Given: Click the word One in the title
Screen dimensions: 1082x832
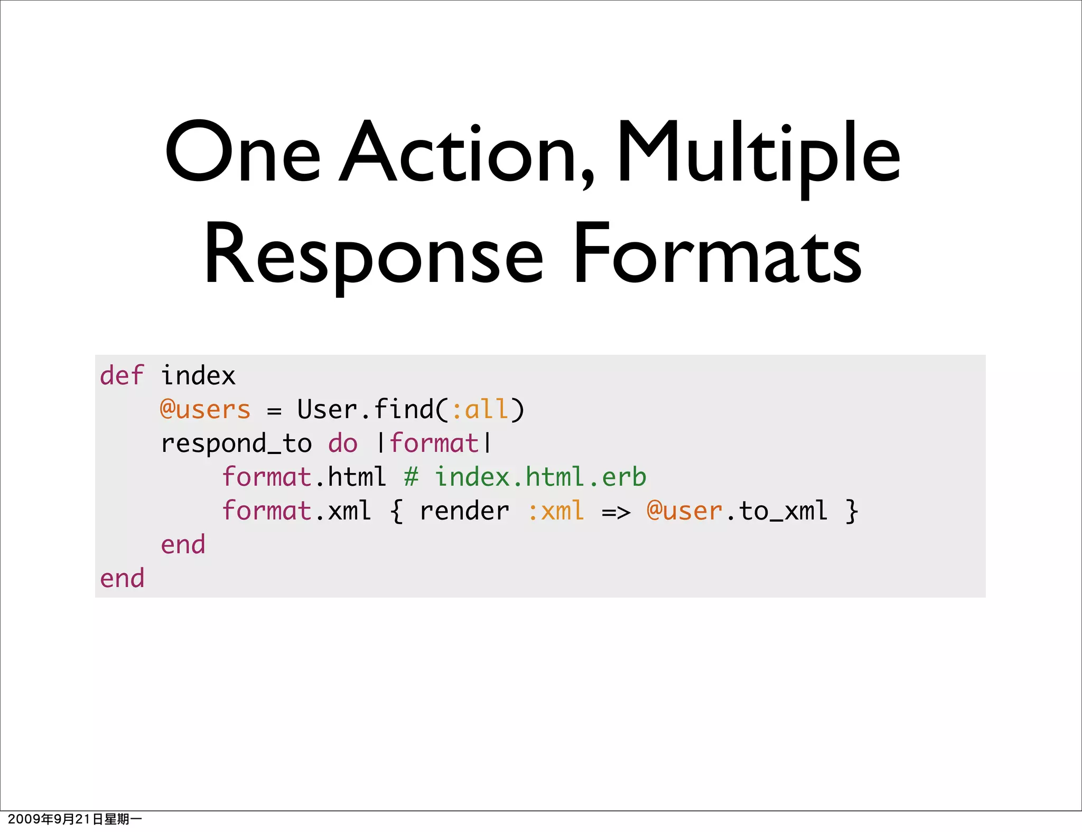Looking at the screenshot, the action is tap(242, 153).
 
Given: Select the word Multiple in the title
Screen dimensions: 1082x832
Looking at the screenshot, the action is tap(759, 153).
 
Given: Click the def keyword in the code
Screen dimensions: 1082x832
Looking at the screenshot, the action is tap(122, 376).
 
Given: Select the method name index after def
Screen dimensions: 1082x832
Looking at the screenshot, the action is tap(198, 376).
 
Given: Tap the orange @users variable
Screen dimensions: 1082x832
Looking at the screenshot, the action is tap(206, 410).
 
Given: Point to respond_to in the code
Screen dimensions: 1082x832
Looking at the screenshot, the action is tap(236, 443).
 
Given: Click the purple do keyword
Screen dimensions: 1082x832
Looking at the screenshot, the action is tap(343, 443).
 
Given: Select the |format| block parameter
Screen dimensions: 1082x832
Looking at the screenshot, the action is tap(434, 443).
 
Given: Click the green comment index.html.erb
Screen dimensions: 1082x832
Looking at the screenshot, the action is tap(540, 477).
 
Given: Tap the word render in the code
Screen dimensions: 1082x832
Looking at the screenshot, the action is tap(464, 511).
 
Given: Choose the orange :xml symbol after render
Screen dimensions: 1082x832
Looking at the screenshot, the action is tap(556, 511).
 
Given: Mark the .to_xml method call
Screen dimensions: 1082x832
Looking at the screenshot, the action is tap(777, 511).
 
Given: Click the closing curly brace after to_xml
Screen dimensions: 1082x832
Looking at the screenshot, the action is tap(851, 511).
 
